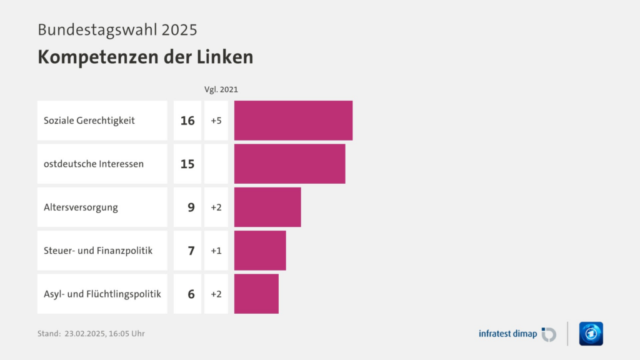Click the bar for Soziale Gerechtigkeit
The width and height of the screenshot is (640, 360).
[293, 121]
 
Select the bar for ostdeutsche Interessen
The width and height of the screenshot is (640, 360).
[289, 164]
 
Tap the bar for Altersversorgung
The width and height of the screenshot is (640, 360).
[267, 207]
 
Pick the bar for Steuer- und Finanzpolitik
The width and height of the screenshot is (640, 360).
[260, 251]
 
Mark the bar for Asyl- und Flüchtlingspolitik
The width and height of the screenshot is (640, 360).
[256, 294]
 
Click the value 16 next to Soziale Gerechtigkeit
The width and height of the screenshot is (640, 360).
[187, 121]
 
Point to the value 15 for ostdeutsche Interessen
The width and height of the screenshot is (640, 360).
[187, 164]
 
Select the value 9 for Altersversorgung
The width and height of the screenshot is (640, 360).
[191, 207]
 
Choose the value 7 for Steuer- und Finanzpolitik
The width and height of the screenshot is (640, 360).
[191, 251]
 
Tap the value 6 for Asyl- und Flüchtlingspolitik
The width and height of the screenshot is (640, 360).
[191, 294]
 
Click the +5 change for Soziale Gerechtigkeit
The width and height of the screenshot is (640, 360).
[216, 121]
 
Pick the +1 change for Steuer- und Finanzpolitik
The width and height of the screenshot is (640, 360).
[216, 251]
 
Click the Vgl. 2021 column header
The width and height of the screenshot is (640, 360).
[221, 89]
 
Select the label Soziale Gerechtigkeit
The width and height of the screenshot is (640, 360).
[89, 121]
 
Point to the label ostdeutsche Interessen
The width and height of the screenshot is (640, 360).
[94, 164]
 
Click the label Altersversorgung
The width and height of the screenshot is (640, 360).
[81, 207]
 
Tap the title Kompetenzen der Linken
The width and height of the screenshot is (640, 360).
[145, 57]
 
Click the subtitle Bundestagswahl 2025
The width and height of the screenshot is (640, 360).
[117, 29]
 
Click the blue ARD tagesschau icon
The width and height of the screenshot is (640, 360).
[591, 334]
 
